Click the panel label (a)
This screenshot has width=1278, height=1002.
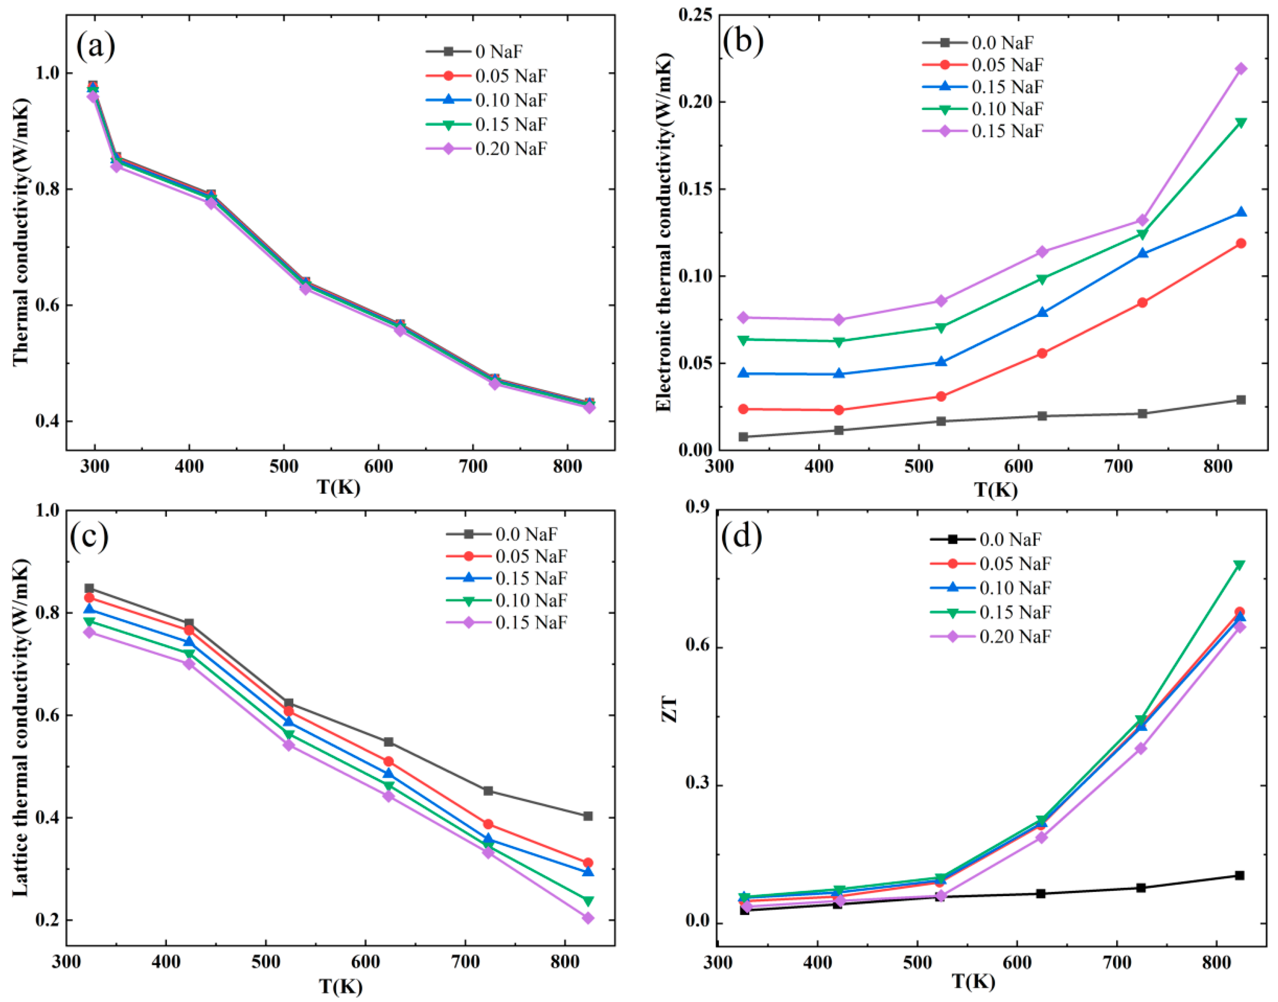[96, 46]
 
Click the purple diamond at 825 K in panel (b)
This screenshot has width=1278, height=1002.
[1241, 69]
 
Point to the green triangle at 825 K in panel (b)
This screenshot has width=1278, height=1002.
[1241, 123]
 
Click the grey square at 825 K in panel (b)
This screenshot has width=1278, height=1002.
[1241, 400]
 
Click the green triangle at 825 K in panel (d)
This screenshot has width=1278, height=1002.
[1239, 565]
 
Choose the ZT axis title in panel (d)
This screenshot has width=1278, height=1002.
[669, 709]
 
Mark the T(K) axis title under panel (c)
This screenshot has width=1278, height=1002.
[340, 987]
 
